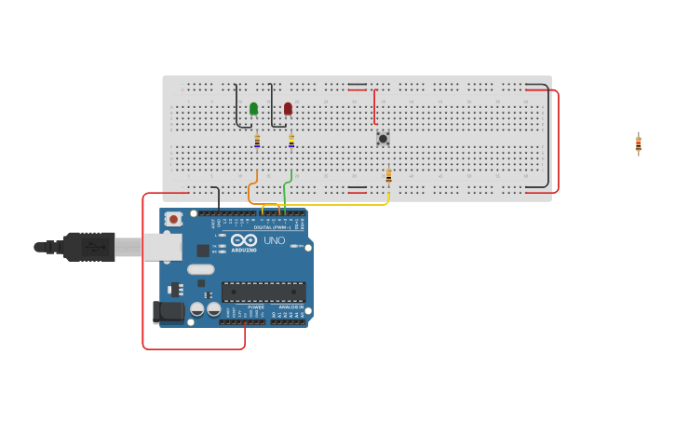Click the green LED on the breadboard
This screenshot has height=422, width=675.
253,109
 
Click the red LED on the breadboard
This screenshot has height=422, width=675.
288,109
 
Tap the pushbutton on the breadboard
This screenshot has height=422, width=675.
383,139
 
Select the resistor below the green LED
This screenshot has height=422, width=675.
257,141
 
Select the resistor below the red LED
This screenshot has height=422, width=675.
291,141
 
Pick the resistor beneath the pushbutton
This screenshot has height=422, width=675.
388,175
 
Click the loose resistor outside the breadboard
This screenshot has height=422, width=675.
639,143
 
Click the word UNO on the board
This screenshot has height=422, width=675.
275,240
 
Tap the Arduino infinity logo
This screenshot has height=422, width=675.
244,239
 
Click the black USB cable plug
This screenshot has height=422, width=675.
88,247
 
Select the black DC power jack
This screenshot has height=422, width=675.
168,311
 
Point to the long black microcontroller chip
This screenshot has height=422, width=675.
263,292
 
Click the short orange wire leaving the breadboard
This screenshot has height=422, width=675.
256,176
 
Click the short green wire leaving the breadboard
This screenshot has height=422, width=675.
290,175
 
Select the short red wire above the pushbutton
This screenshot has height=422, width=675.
374,106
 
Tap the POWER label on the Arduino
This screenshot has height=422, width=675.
255,307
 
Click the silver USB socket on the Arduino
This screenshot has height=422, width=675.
164,247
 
